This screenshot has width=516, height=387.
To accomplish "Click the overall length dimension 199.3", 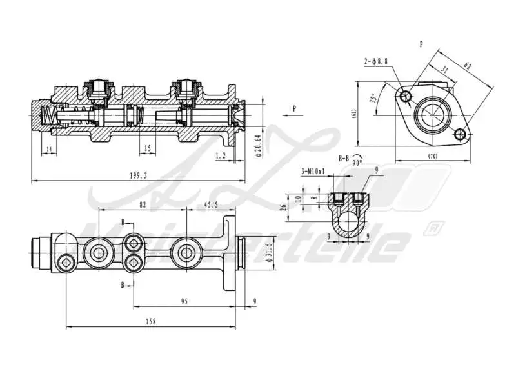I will click(x=138, y=175).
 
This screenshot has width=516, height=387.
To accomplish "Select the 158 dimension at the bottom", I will click(x=151, y=321).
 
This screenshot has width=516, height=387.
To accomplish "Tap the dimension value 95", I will click(x=184, y=300).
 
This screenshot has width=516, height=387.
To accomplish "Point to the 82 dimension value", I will click(x=143, y=204).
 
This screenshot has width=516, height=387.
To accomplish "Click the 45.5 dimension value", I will click(x=211, y=204).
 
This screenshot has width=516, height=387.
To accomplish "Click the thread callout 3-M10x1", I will click(x=313, y=171).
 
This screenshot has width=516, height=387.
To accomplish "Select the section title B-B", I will click(x=345, y=157).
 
